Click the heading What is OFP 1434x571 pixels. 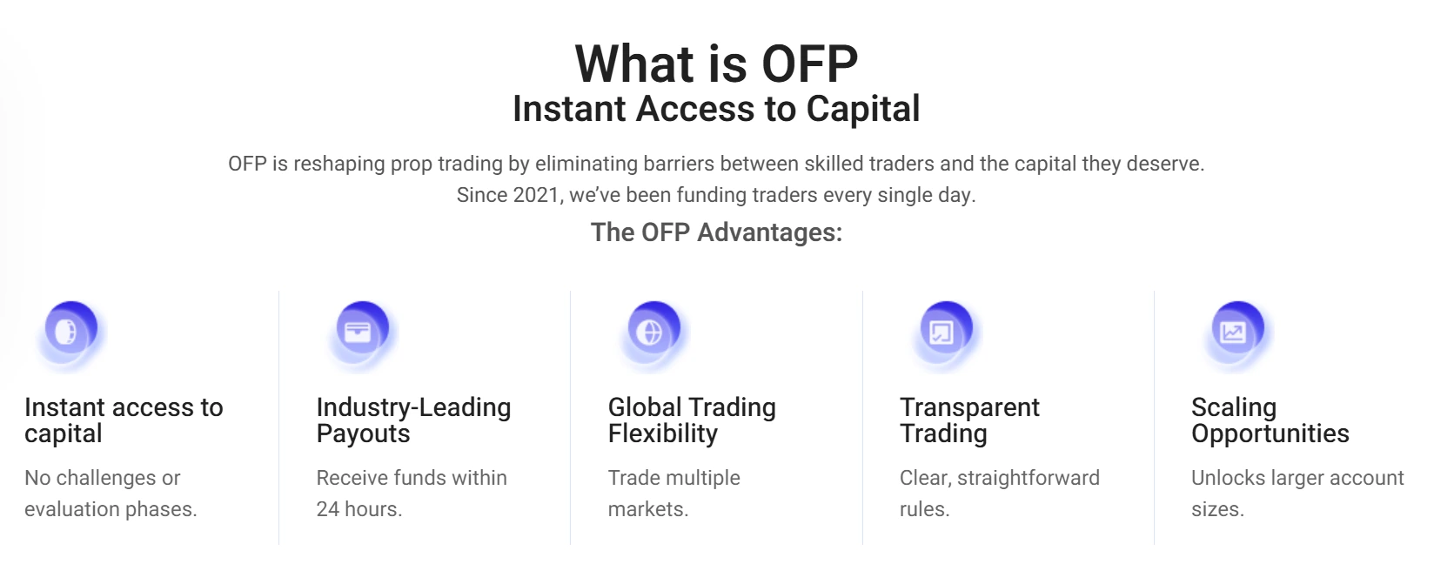[716, 63]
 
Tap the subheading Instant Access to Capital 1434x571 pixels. [716, 109]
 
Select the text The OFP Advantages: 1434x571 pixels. [716, 232]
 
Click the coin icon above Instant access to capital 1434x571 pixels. [66, 333]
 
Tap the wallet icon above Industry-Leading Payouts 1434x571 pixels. [358, 333]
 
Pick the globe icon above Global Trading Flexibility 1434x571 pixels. [649, 333]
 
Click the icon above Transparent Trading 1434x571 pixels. [941, 333]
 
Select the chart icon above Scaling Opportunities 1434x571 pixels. [1233, 333]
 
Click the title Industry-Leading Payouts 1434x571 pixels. [413, 420]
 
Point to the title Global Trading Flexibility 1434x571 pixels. [692, 420]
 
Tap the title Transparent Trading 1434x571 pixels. [969, 420]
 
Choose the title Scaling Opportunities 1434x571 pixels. [1270, 420]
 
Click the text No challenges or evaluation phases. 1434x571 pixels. [111, 493]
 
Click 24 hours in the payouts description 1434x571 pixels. [358, 509]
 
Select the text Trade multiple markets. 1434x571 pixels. [673, 493]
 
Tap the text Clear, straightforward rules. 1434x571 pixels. [999, 493]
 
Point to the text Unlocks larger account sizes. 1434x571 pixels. [1297, 493]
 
